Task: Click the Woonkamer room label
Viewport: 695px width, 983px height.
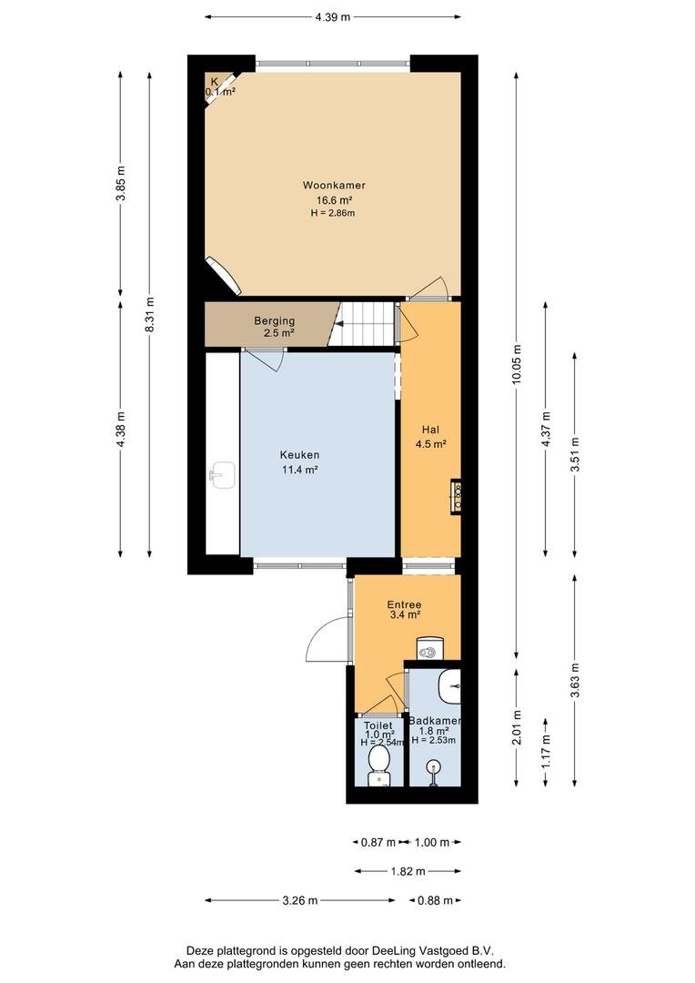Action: [x=333, y=185]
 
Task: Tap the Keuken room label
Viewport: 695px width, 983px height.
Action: [x=299, y=455]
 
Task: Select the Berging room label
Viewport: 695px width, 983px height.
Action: [x=274, y=321]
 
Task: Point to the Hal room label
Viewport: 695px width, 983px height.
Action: [x=430, y=430]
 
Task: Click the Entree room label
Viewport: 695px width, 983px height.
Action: [x=404, y=604]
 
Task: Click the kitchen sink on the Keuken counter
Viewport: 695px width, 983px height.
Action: [x=222, y=474]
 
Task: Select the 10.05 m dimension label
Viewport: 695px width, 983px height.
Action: [x=516, y=364]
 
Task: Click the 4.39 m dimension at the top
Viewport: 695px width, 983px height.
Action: [x=333, y=17]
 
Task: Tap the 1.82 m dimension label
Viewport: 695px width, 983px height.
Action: [x=408, y=871]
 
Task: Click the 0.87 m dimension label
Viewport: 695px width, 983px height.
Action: [x=378, y=842]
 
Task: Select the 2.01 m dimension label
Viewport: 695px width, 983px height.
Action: [x=516, y=727]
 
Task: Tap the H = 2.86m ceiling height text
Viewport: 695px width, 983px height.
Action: [x=333, y=213]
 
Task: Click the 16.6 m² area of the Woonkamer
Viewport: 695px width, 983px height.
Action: [x=333, y=200]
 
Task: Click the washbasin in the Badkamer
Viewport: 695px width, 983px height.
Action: [x=449, y=686]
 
